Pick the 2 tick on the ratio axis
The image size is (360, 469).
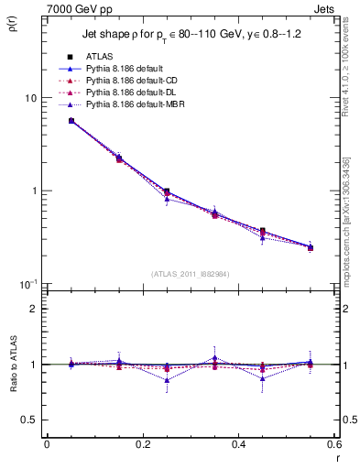(x=35, y=309)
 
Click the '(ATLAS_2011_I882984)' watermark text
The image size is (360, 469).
(x=190, y=273)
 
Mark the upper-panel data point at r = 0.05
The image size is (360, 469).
(x=71, y=120)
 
